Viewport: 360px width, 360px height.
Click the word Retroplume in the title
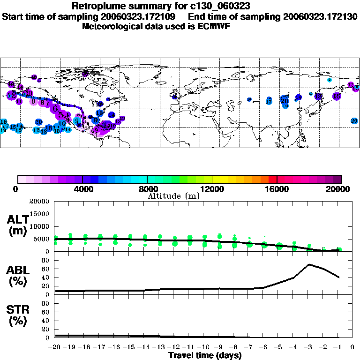click(97, 6)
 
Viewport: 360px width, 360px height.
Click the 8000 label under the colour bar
click(147, 189)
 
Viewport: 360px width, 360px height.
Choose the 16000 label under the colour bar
click(277, 189)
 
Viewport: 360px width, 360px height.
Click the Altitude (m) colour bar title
click(173, 196)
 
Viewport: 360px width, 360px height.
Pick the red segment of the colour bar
click(272, 179)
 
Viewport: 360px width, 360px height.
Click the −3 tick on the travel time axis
click(309, 347)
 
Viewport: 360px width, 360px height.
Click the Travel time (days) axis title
click(205, 355)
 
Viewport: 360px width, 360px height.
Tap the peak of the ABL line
click(309, 264)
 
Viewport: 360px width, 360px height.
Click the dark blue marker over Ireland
click(175, 97)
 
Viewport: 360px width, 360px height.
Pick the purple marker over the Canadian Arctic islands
click(85, 74)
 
